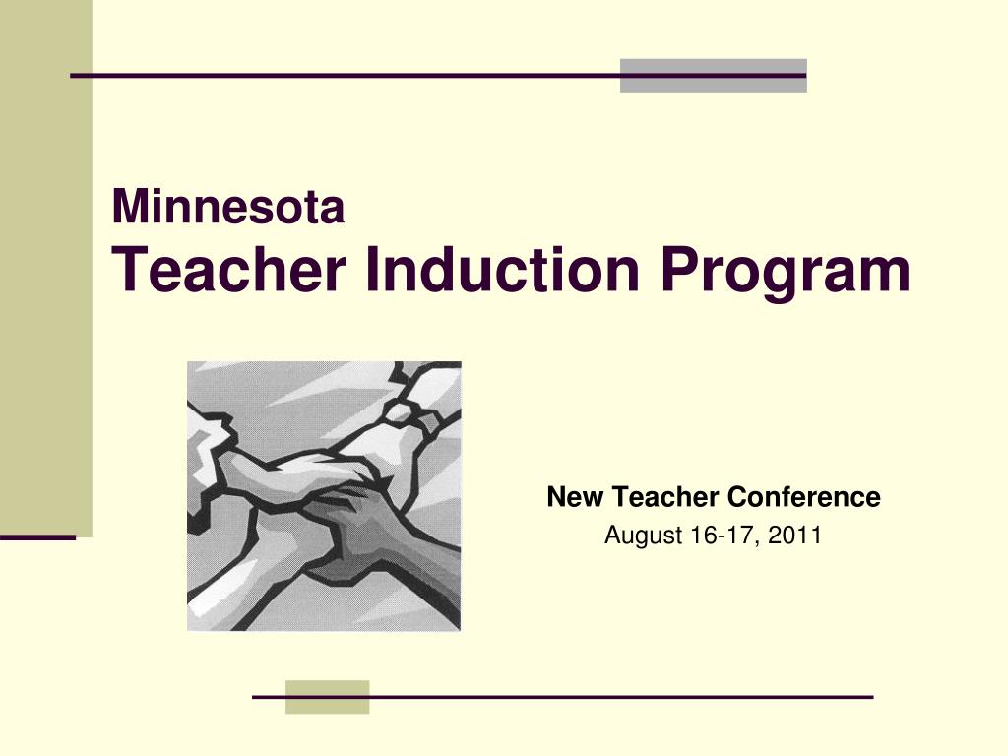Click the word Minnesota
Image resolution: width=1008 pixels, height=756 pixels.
coord(228,208)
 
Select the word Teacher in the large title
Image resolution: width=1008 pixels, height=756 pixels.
coord(229,271)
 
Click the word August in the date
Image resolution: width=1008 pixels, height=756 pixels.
coord(637,536)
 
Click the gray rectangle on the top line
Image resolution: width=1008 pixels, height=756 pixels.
coord(713,76)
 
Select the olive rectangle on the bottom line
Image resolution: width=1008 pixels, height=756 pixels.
coord(327,697)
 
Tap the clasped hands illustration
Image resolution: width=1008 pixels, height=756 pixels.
coord(324,496)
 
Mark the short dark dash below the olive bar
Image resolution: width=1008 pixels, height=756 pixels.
coord(37,538)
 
